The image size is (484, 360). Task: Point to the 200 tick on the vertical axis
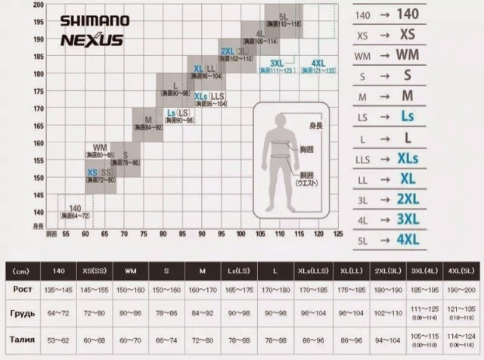[x=39, y=5]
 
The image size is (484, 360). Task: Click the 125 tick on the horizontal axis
[x=337, y=234]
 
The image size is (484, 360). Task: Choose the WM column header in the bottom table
[x=130, y=270]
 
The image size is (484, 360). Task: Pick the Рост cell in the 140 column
[x=58, y=289]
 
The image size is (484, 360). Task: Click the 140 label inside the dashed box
[x=75, y=208]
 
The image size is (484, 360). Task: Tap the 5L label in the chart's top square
[x=282, y=16]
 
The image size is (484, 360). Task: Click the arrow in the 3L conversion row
[x=385, y=199]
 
